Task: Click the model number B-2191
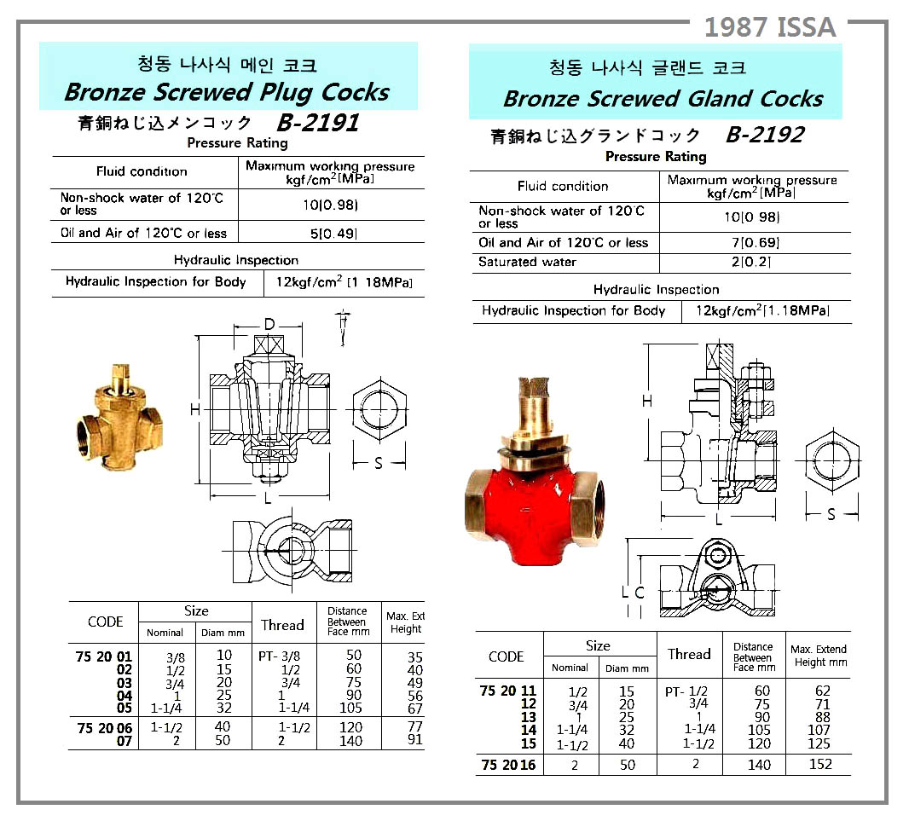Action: tap(318, 122)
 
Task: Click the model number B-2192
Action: tap(765, 135)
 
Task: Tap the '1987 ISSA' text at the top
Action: tap(771, 27)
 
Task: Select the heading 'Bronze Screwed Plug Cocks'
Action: tap(227, 92)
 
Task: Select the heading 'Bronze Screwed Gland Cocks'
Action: tap(663, 99)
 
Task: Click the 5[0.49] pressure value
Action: tap(333, 234)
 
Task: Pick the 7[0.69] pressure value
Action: tap(756, 243)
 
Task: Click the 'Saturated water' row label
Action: tap(527, 262)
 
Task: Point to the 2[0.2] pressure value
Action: tap(751, 262)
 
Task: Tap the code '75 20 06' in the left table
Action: tap(104, 728)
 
